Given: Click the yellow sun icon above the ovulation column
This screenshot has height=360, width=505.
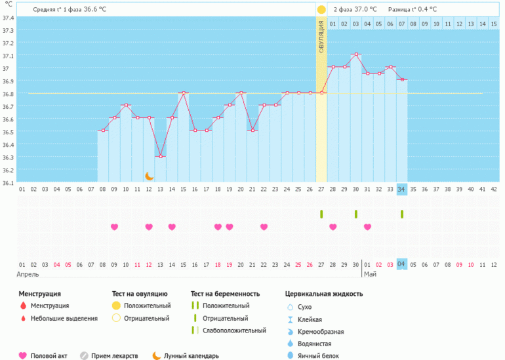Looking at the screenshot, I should (321, 10).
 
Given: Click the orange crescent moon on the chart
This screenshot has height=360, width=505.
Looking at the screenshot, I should (149, 176).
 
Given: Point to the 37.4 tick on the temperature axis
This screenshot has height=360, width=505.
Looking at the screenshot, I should (8, 18).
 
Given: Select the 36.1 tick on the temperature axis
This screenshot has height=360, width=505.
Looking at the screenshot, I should (8, 182).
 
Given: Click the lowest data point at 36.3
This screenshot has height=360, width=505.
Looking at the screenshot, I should (161, 156).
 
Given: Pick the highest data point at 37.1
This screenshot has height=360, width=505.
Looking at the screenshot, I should (355, 54).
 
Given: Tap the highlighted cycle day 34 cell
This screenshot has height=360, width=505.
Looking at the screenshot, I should (401, 189).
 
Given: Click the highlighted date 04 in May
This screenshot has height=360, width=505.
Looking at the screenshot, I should (401, 264).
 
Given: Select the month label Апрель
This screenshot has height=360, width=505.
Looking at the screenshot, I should (28, 274).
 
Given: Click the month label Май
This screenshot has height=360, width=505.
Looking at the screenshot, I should (371, 274).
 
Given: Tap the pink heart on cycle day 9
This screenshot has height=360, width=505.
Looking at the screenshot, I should (115, 227).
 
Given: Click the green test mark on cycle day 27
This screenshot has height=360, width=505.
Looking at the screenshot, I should (321, 214).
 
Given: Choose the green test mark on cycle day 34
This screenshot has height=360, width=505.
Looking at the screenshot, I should (401, 214).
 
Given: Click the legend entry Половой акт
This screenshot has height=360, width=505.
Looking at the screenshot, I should (51, 355).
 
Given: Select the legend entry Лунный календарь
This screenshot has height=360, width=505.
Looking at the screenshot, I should (191, 355).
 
